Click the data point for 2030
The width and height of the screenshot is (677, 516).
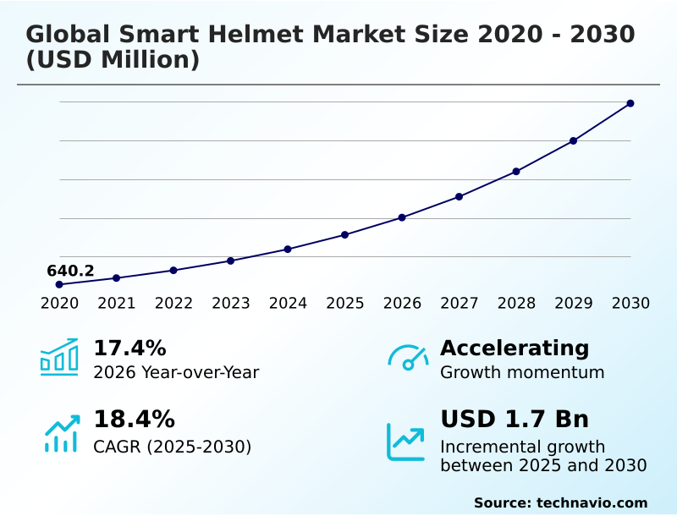(630, 103)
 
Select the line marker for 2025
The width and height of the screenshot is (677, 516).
(345, 234)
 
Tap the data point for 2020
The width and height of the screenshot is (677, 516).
(59, 284)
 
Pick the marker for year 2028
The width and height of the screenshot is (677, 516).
(516, 172)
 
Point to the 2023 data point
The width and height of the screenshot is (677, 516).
(230, 261)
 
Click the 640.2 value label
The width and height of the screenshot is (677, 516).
(70, 272)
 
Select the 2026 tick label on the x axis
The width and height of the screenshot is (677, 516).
(402, 304)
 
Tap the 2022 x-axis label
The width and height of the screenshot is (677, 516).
(173, 304)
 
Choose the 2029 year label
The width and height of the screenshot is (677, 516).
(573, 304)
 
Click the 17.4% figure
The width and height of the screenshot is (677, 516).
(129, 349)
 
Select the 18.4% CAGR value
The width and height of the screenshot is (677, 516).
(134, 420)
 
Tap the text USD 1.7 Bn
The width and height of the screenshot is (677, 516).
(515, 420)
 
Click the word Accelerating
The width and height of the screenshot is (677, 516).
(515, 349)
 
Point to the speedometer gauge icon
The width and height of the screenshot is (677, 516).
(408, 358)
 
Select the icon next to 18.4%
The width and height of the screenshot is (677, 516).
(61, 433)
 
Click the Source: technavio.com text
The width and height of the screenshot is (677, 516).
(560, 502)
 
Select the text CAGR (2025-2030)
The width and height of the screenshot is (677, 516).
(172, 447)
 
